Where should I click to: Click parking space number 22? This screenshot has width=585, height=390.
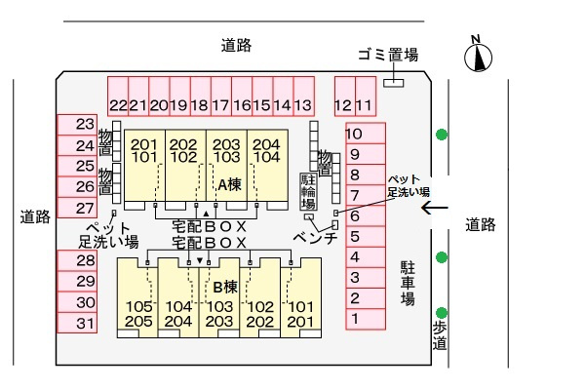point(118,97)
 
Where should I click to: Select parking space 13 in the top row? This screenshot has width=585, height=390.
point(303,97)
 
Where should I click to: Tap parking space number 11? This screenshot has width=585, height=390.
point(366,97)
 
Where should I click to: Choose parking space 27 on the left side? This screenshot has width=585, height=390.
point(77,208)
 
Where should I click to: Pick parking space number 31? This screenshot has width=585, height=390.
point(77,323)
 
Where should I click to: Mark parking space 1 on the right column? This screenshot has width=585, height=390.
point(366,319)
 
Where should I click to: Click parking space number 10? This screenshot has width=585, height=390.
point(366,134)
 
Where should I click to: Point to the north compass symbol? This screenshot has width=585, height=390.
point(478,55)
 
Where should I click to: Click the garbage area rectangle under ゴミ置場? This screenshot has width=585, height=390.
point(394,83)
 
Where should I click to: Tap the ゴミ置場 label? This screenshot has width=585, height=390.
point(388,55)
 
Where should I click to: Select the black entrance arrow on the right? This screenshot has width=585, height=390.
point(435,208)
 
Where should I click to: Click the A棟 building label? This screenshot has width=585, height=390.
point(229,184)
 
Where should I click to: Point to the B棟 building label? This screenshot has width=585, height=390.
point(225,288)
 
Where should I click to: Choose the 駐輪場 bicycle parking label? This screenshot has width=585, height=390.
point(308,191)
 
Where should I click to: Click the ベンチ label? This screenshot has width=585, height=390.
point(315,238)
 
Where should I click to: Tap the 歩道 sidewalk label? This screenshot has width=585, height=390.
point(440,335)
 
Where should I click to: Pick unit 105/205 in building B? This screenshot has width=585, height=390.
point(137,297)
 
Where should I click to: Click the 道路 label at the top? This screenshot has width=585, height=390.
point(237,45)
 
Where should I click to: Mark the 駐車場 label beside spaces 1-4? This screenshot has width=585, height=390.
point(408,284)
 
